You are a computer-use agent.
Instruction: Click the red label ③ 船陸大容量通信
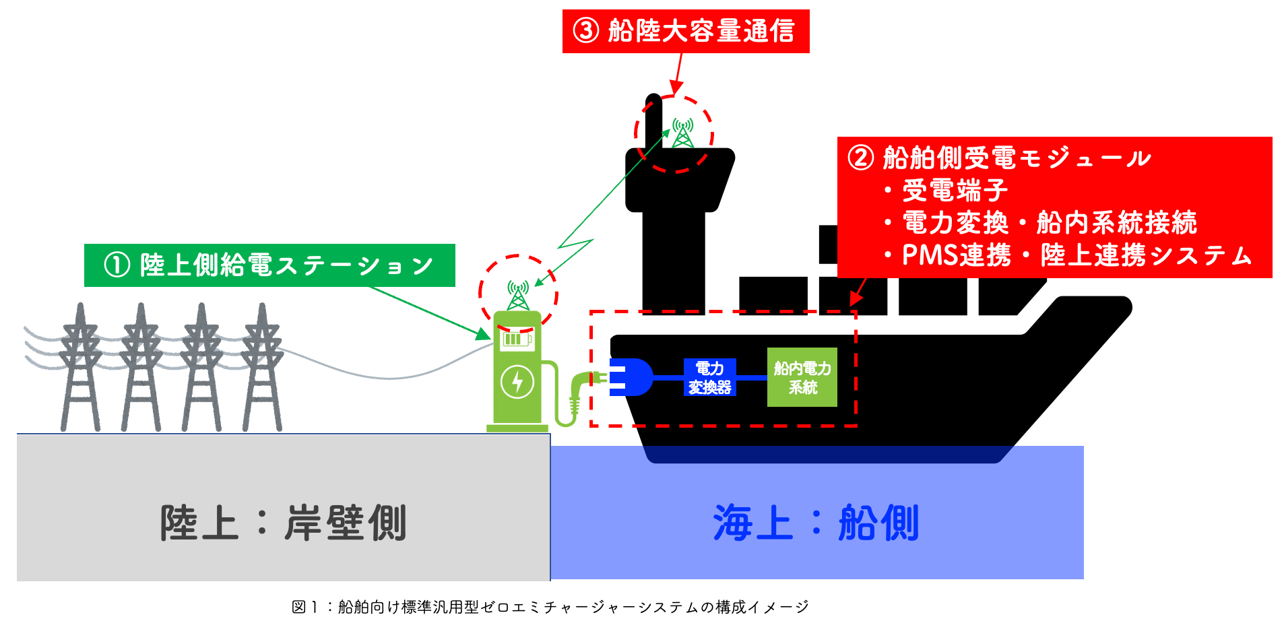[685, 31]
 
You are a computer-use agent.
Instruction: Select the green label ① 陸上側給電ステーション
[269, 265]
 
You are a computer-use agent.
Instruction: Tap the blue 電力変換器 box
[709, 377]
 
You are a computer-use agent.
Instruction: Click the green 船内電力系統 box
[802, 377]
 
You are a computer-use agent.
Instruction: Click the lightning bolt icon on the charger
[517, 382]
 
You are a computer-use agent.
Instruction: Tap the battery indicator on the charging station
[516, 339]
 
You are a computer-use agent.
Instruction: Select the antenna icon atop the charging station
[517, 295]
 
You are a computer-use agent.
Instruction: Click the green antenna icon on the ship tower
[682, 133]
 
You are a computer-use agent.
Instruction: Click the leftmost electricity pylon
[81, 367]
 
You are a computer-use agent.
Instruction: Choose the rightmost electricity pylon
[263, 367]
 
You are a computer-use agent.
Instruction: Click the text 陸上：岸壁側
[283, 523]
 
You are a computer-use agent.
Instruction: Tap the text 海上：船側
[816, 523]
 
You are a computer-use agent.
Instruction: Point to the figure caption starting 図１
[550, 607]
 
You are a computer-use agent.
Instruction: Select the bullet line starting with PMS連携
[1076, 255]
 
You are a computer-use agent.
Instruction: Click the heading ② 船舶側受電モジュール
[999, 158]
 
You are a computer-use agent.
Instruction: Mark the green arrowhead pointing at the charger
[484, 334]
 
